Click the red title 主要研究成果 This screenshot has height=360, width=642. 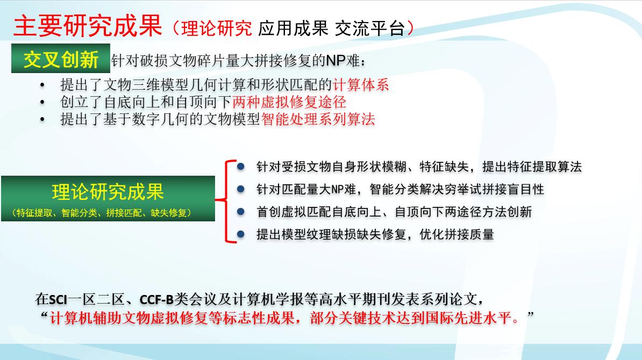(x=88, y=26)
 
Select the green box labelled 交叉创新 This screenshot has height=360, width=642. (x=61, y=59)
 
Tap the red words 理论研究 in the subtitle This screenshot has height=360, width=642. (x=217, y=28)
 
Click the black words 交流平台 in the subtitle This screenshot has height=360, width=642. (x=370, y=28)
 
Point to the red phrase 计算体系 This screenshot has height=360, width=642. (x=361, y=85)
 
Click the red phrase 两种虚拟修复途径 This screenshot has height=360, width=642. (x=289, y=102)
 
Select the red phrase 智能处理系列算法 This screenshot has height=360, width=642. (x=318, y=119)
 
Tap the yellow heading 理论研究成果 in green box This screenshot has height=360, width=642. (x=108, y=191)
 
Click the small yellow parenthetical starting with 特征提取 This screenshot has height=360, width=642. (x=102, y=213)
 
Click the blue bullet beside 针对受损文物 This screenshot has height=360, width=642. (x=241, y=167)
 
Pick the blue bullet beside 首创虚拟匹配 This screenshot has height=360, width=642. (x=241, y=212)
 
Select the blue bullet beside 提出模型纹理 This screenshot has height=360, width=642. (x=241, y=234)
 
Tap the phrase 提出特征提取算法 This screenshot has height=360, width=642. (x=532, y=167)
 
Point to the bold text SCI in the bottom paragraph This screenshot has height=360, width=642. (x=58, y=300)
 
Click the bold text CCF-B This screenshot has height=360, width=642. (x=157, y=300)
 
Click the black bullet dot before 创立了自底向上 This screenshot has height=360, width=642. (x=42, y=102)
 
